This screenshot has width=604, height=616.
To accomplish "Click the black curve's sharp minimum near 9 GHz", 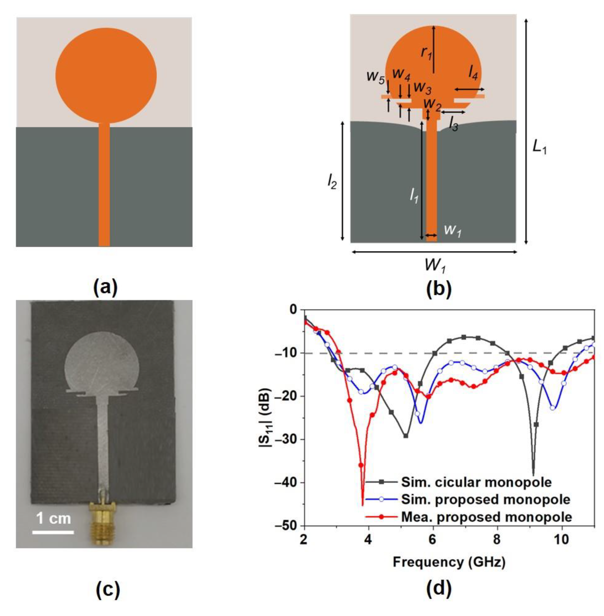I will (x=533, y=475).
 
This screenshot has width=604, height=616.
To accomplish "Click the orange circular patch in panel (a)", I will (x=106, y=75).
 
